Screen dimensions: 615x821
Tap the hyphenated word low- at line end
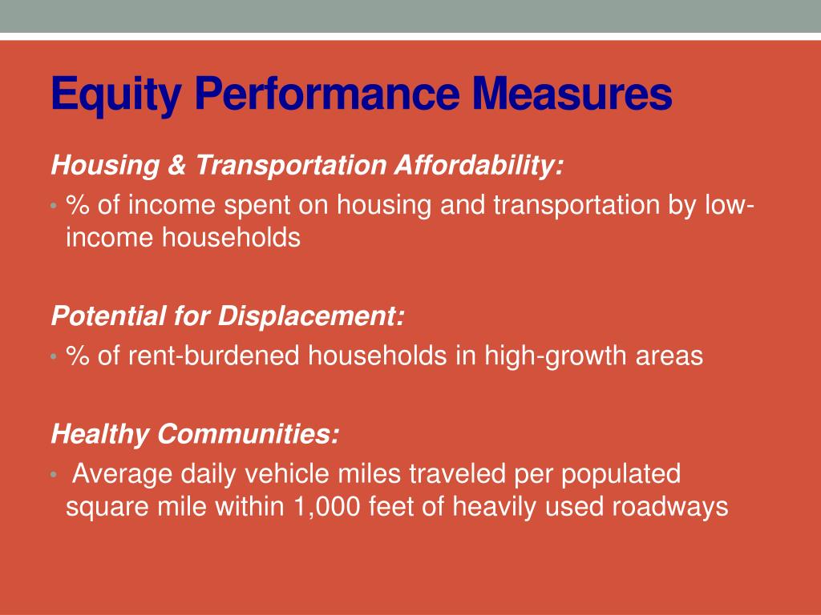(x=729, y=206)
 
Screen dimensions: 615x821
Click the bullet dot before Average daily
(x=53, y=475)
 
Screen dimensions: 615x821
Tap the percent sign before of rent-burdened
(x=78, y=356)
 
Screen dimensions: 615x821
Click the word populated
(x=620, y=474)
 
